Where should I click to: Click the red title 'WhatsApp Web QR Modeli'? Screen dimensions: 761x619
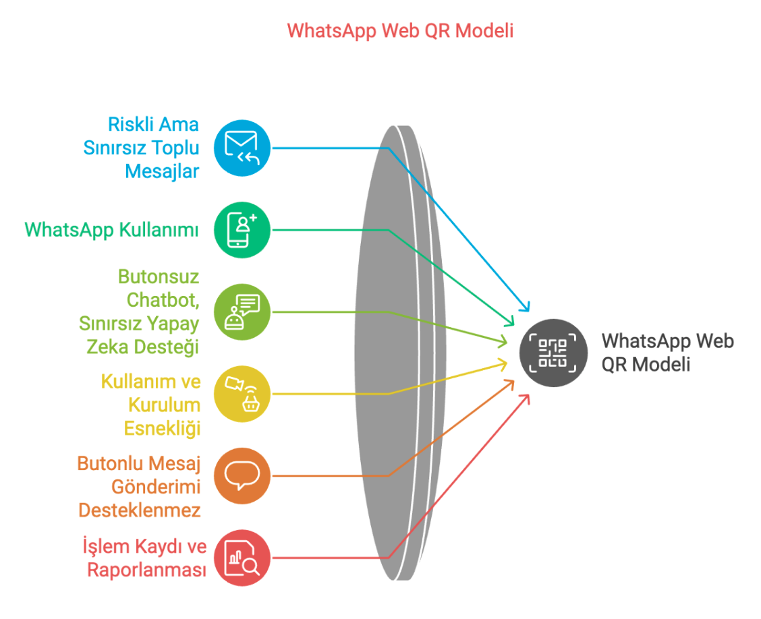(400, 30)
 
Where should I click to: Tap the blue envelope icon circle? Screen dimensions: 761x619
(242, 148)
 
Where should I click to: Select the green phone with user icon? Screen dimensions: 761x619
(242, 230)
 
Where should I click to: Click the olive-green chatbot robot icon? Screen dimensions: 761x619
(242, 312)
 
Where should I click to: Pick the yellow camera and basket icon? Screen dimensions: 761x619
(242, 394)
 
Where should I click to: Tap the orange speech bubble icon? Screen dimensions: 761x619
(242, 476)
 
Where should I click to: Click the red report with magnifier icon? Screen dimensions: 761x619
(242, 558)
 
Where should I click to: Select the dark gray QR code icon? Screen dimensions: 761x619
(553, 353)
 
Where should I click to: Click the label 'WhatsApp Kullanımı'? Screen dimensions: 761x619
(111, 230)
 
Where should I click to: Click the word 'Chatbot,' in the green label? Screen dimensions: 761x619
(163, 300)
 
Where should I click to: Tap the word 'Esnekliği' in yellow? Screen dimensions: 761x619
(162, 429)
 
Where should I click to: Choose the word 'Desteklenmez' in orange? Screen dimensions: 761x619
(139, 510)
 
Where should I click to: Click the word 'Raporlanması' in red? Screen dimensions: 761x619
(146, 570)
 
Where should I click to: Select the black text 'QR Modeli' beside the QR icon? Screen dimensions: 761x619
(646, 364)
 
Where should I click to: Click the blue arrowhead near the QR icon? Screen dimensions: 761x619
(525, 306)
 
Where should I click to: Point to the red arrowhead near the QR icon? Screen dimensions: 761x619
(525, 399)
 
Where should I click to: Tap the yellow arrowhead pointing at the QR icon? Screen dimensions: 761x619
(503, 364)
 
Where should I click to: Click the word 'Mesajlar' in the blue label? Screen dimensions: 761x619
(162, 172)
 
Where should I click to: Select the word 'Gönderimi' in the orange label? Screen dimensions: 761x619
(156, 487)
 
